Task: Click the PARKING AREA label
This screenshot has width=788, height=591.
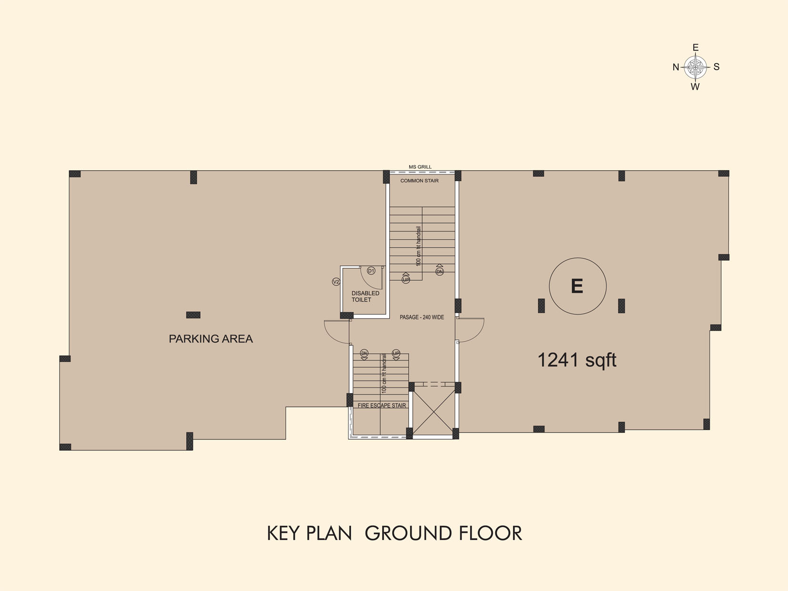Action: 211,338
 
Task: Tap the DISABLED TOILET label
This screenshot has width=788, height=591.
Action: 365,296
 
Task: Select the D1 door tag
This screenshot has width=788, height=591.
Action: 371,271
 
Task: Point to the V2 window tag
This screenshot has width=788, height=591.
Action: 336,282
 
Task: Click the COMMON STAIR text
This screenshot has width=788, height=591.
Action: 419,181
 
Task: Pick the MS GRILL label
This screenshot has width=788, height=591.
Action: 420,167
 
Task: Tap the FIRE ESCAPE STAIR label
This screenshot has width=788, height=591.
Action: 382,406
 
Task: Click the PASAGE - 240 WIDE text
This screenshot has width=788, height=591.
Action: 422,317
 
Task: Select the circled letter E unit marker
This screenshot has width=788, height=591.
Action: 577,286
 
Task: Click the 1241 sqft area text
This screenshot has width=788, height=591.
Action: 577,360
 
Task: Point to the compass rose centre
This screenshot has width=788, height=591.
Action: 696,67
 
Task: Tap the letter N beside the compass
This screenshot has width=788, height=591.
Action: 676,67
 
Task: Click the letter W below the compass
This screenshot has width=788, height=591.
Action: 695,87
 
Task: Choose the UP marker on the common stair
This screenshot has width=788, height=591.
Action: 405,279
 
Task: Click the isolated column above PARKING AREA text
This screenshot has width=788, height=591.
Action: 193,315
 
